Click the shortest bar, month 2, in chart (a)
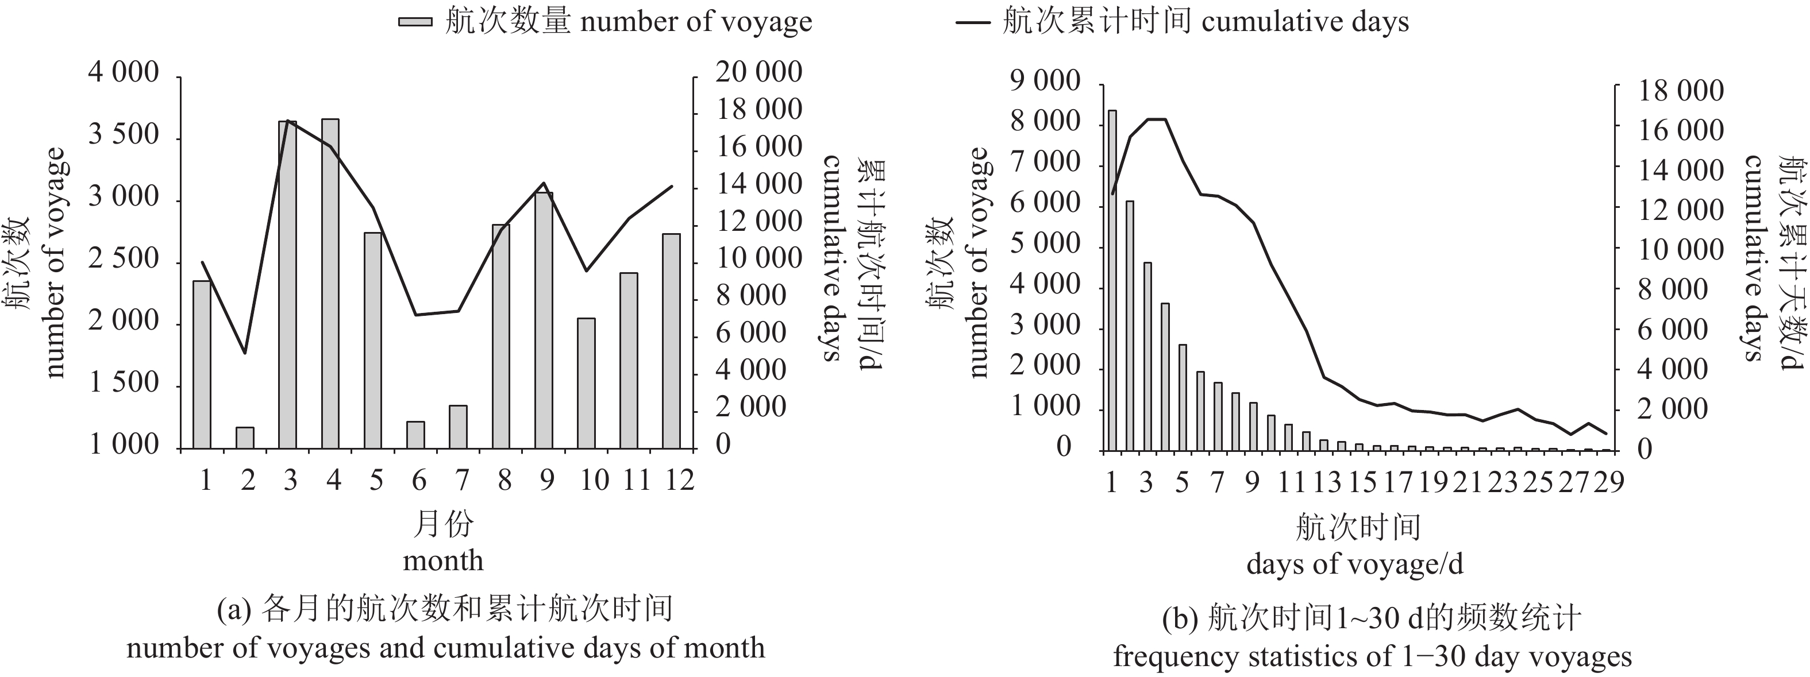pyautogui.click(x=245, y=438)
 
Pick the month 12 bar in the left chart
pyautogui.click(x=671, y=341)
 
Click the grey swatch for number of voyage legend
pyautogui.click(x=415, y=22)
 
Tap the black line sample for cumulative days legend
pyautogui.click(x=973, y=22)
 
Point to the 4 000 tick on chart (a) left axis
pyautogui.click(x=124, y=72)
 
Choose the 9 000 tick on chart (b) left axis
pyautogui.click(x=1045, y=81)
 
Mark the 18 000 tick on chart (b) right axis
pyautogui.click(x=1681, y=91)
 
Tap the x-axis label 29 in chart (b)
pyautogui.click(x=1608, y=482)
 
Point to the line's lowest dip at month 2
pyautogui.click(x=245, y=353)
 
